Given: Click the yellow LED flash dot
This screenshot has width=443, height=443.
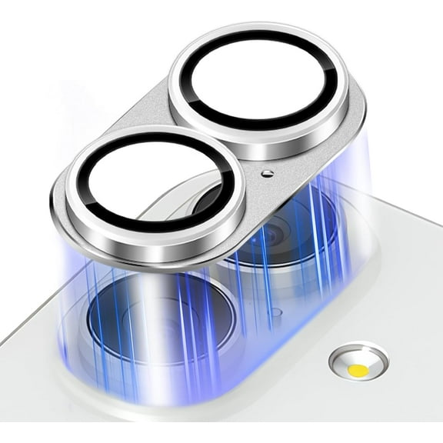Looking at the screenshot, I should click(357, 370).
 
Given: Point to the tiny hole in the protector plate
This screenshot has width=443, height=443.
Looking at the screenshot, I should click(266, 174).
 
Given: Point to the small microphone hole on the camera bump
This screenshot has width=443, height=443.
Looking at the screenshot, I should click(275, 313).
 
